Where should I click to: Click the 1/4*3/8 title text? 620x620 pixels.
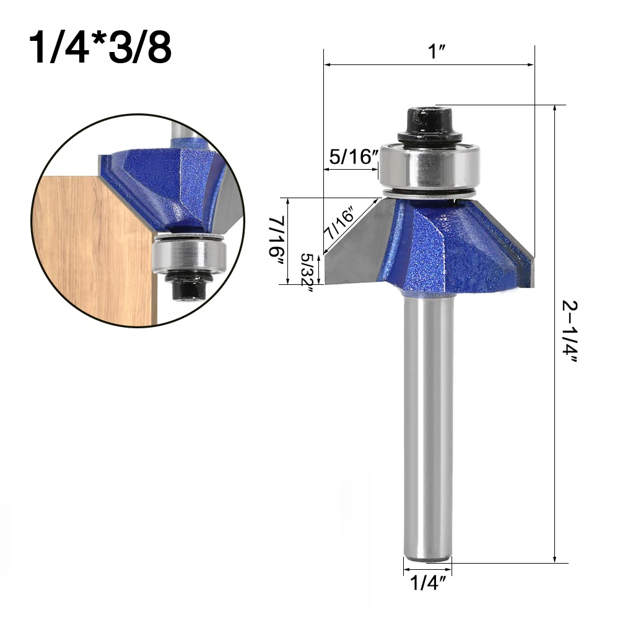[100, 48]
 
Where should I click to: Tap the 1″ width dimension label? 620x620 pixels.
[437, 51]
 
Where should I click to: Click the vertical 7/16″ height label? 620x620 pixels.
[277, 242]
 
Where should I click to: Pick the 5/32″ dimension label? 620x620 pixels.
[307, 273]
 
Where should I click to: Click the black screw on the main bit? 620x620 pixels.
[429, 124]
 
